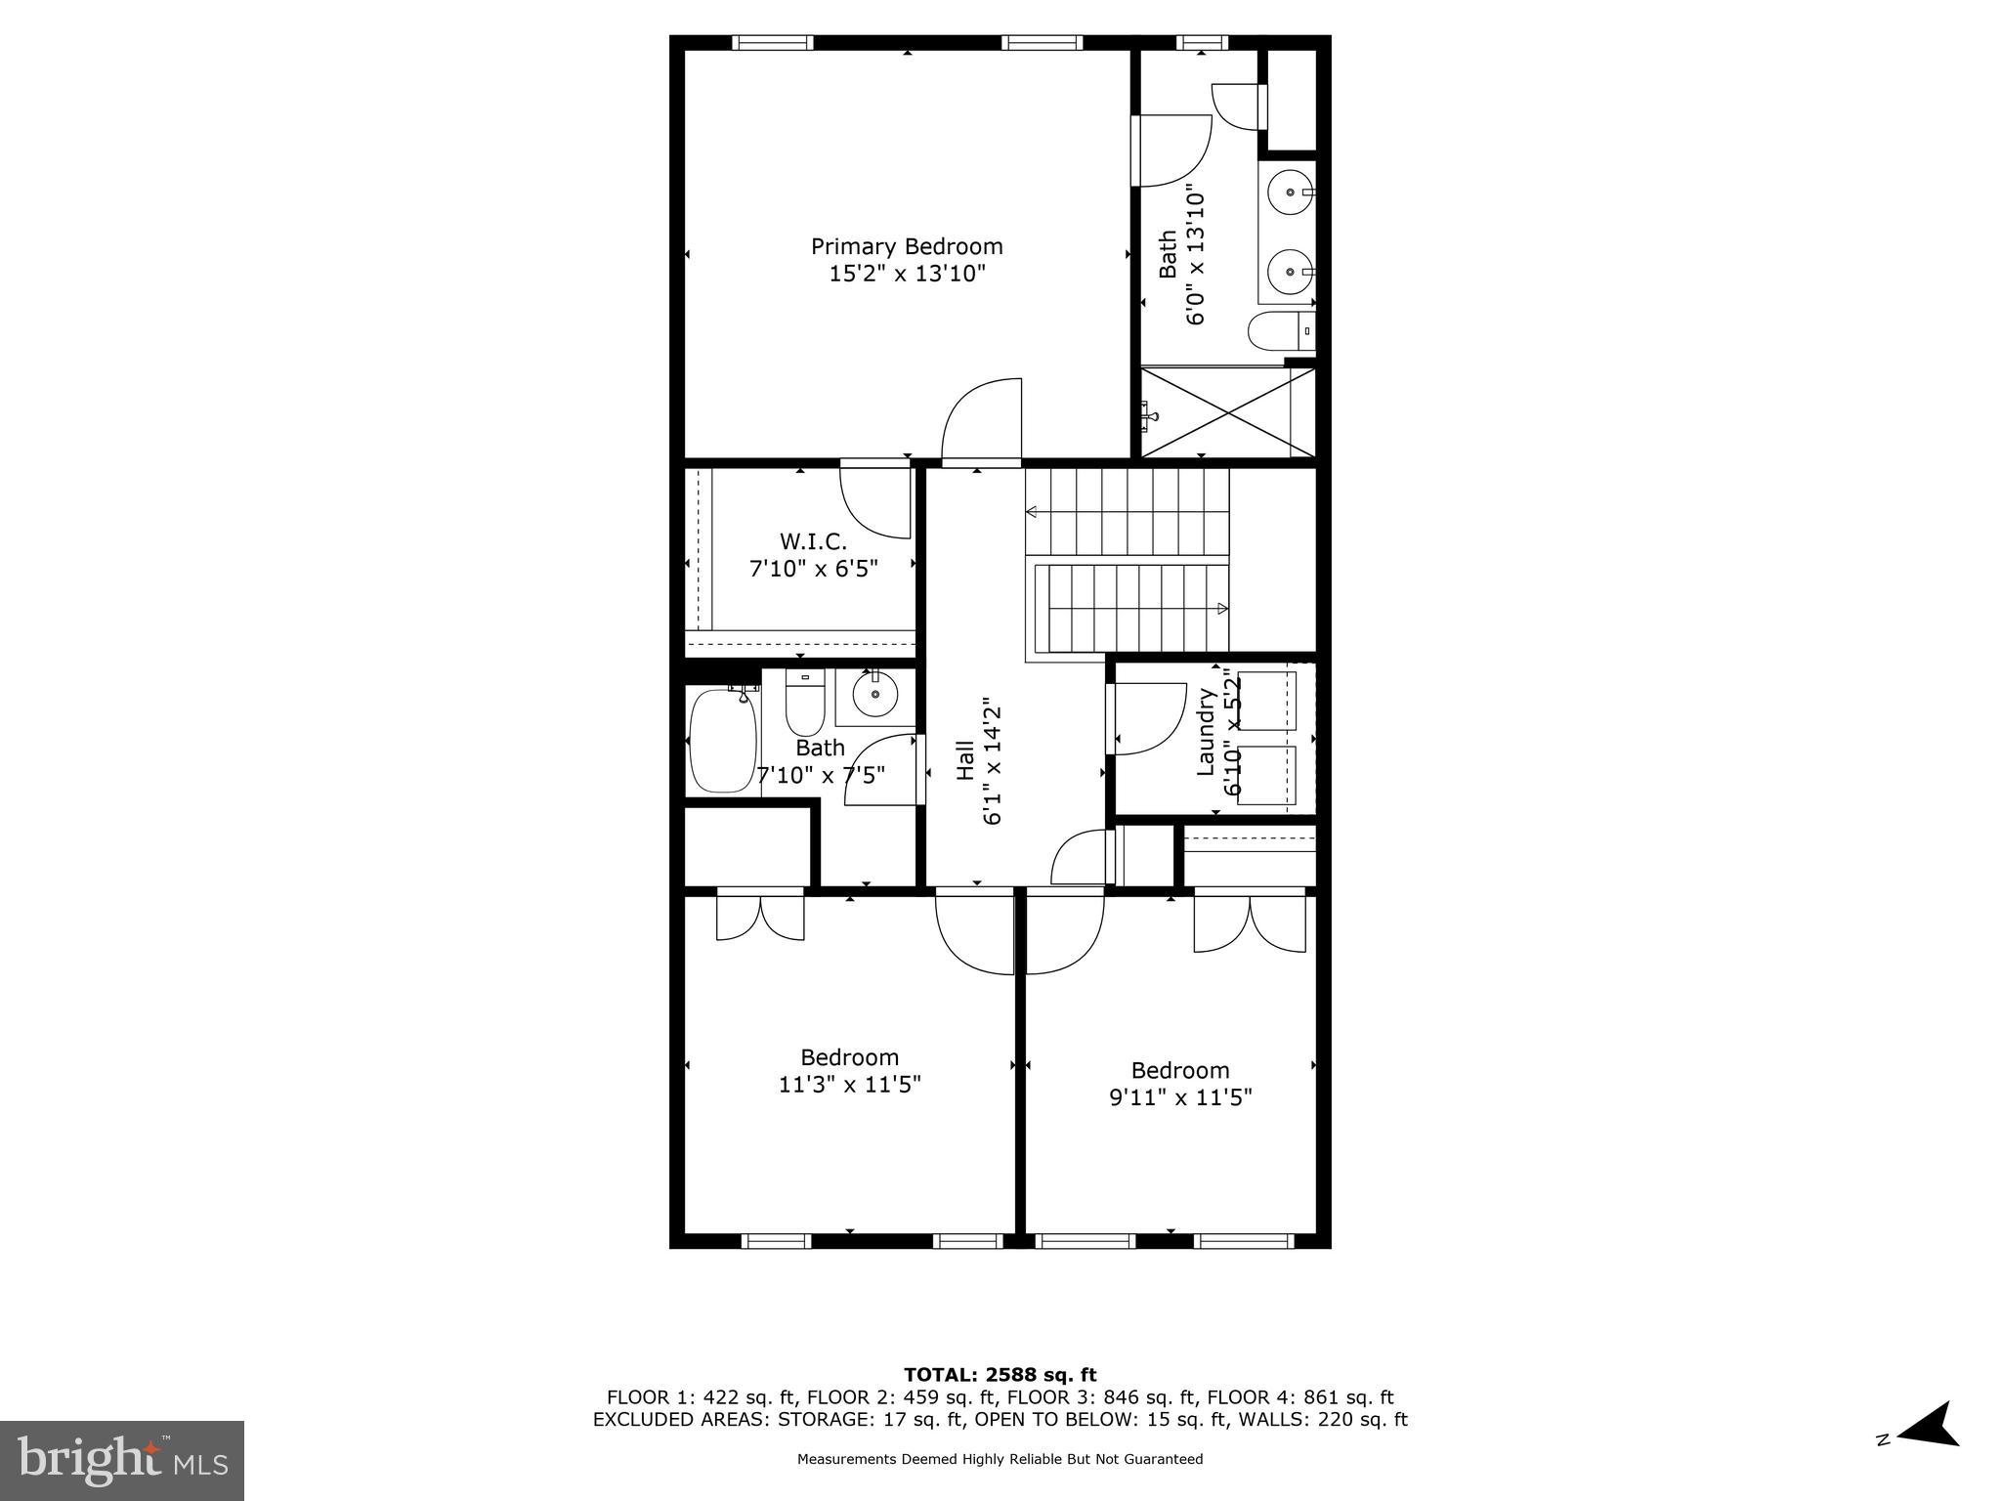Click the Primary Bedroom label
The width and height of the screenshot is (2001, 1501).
(x=907, y=246)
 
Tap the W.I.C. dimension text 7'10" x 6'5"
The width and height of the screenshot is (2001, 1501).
(x=813, y=568)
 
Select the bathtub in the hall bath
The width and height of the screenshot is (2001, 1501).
(x=723, y=741)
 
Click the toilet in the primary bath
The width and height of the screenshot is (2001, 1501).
(x=1279, y=331)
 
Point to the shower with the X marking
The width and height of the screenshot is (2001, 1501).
(x=1227, y=411)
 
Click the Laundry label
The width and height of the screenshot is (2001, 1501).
(x=1206, y=732)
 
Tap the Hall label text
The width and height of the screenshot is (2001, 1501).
(x=965, y=760)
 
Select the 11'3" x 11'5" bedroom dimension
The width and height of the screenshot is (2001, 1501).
(x=849, y=1084)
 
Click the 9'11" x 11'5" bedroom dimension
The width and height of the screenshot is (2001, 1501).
(x=1180, y=1096)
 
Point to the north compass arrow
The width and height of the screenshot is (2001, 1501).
(x=1927, y=1452)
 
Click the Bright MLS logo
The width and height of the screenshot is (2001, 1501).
(x=121, y=1460)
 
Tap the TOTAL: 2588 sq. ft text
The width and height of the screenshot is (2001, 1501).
(x=1000, y=1375)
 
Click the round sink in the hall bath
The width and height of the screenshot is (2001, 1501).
(x=874, y=696)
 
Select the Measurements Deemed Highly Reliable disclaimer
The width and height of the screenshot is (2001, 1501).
(x=1000, y=1459)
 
